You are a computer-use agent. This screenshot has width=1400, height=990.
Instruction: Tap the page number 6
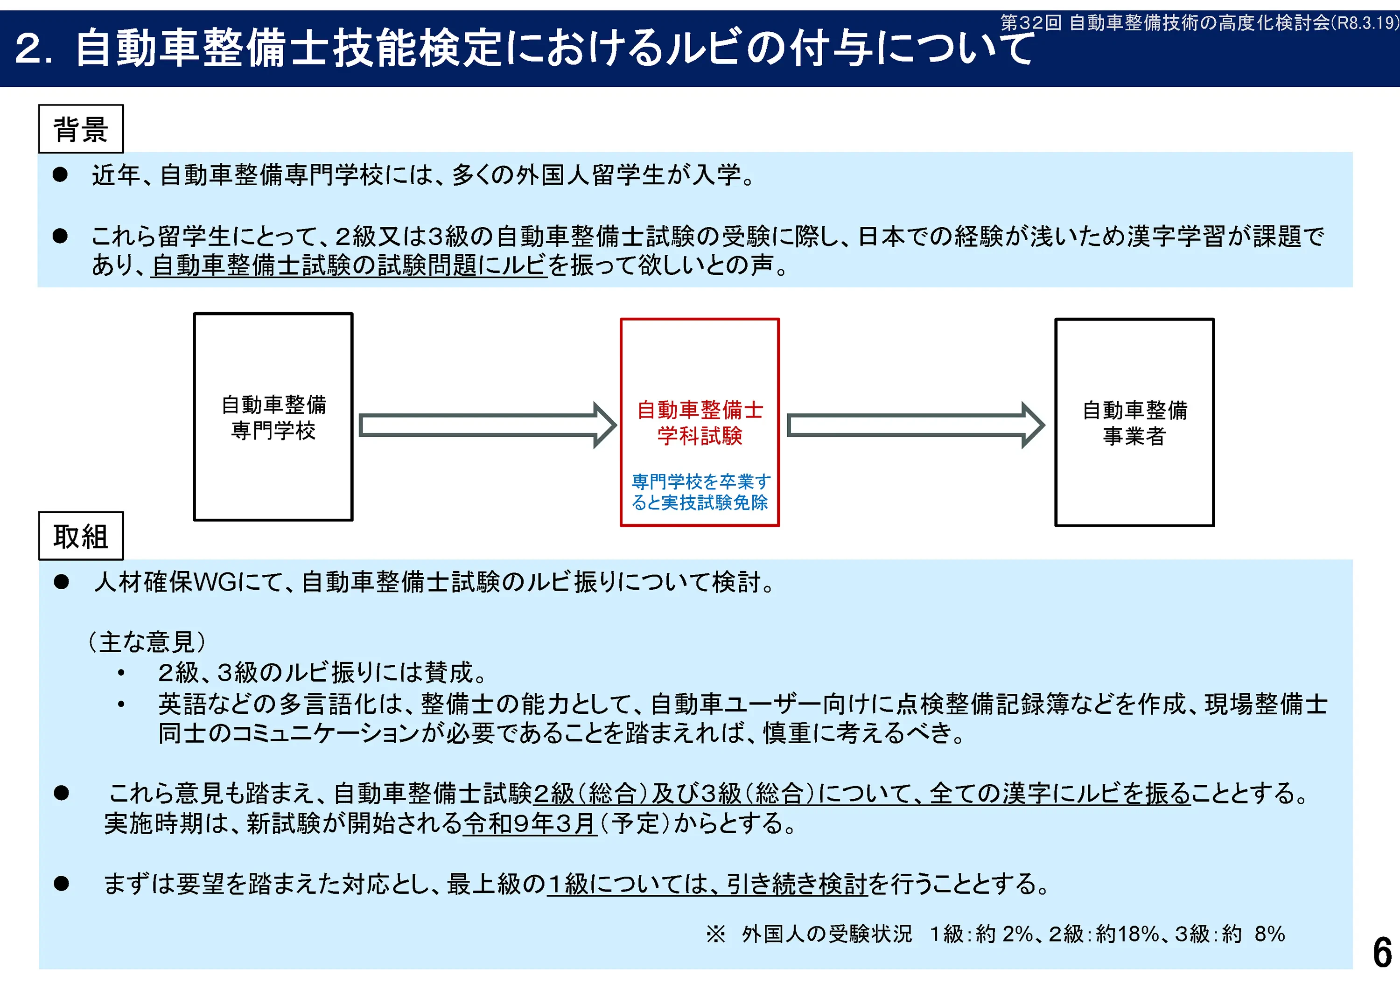click(x=1382, y=953)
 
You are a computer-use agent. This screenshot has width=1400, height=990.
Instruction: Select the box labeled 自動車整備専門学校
click(x=273, y=417)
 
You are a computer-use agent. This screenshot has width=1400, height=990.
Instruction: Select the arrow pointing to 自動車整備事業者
click(x=915, y=425)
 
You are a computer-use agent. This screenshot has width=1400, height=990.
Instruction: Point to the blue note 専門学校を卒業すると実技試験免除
click(x=700, y=492)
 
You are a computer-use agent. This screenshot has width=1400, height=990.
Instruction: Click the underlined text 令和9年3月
click(x=529, y=823)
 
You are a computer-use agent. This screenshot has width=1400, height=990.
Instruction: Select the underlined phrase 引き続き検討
click(x=796, y=884)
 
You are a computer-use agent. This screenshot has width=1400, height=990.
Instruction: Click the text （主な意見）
click(x=147, y=642)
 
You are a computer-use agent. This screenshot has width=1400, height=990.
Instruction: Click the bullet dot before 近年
click(x=60, y=175)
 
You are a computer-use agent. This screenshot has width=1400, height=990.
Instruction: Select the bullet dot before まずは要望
click(x=61, y=883)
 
